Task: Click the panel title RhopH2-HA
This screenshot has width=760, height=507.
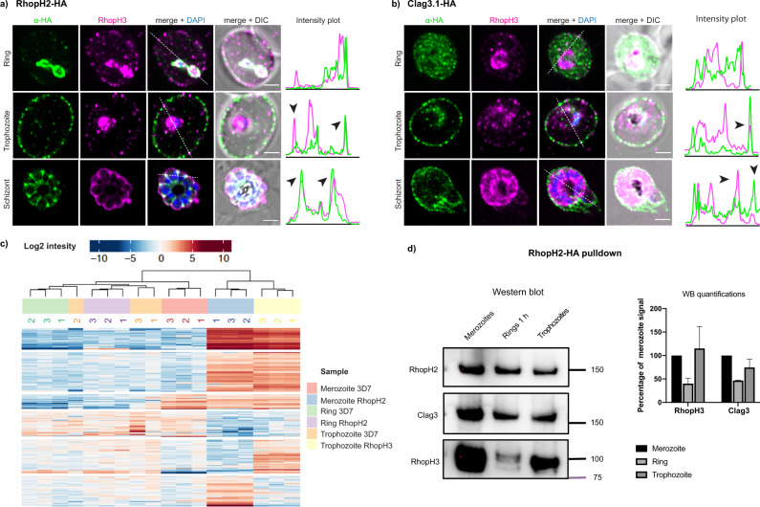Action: click(x=49, y=6)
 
